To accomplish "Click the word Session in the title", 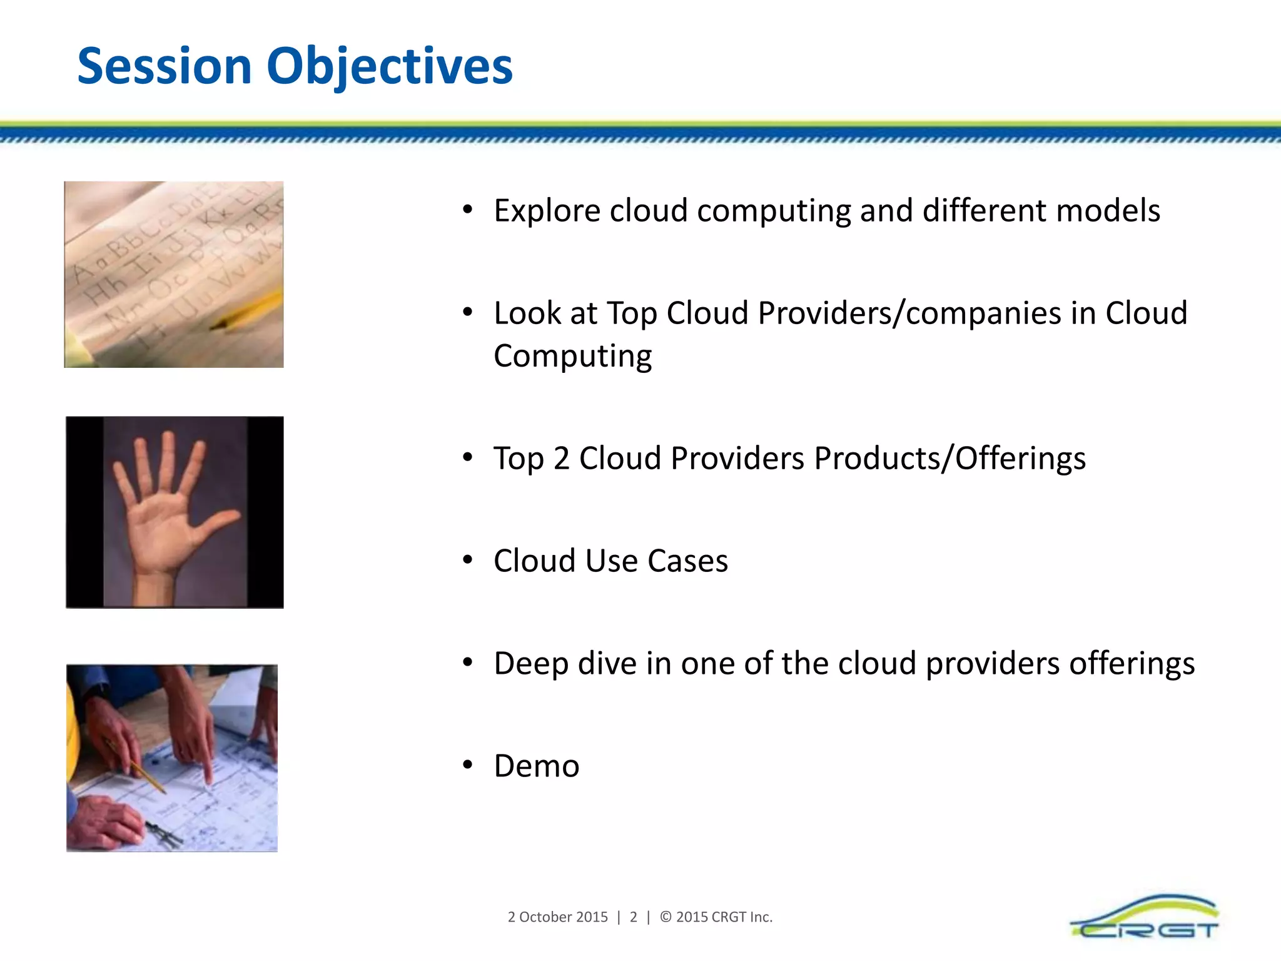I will coord(164,66).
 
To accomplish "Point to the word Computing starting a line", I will coord(572,357).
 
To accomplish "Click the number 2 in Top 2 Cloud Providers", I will coord(561,459).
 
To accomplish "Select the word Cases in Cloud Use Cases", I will coord(687,561).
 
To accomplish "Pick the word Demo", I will coord(536,766).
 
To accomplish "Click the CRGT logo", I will coord(1145,918).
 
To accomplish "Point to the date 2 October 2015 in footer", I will coord(557,917).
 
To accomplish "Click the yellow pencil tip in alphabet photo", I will coord(219,325).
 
